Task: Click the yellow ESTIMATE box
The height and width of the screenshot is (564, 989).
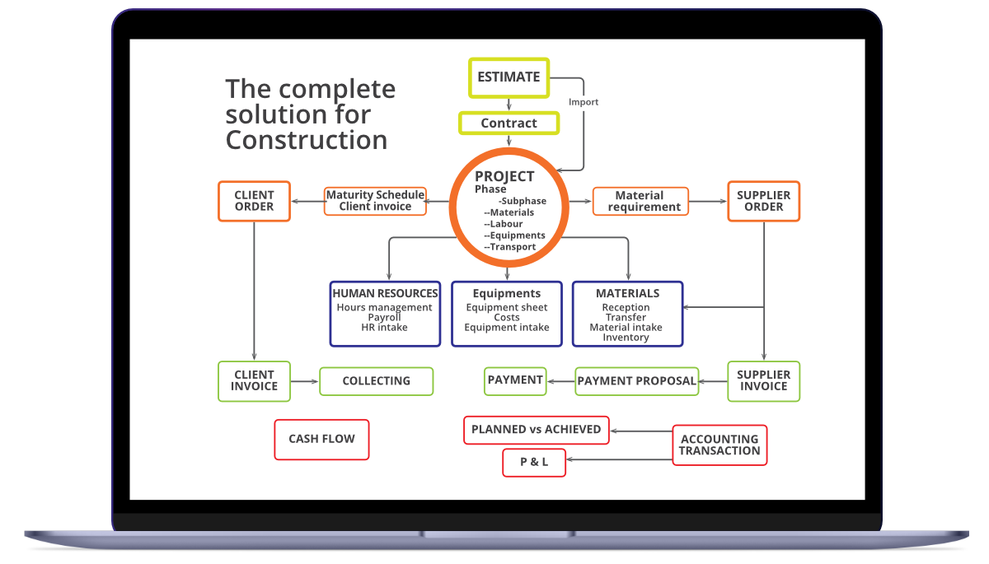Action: (x=509, y=77)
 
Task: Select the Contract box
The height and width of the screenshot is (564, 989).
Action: (x=509, y=124)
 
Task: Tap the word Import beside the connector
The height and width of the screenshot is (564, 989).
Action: (x=584, y=102)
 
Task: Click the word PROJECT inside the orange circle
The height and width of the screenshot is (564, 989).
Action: (x=504, y=176)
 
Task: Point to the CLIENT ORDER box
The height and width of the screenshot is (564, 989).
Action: (x=254, y=201)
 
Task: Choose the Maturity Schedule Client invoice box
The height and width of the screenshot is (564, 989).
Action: (x=375, y=201)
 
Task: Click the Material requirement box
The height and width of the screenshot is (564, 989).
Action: (x=640, y=201)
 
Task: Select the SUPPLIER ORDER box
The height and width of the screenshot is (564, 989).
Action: (x=763, y=201)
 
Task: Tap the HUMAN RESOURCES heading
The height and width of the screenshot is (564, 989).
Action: (x=385, y=293)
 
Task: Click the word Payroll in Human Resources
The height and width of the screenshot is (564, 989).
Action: (x=384, y=318)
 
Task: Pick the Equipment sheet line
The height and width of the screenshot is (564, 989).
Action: (x=506, y=308)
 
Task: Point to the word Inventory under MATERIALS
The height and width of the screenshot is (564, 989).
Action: (x=626, y=338)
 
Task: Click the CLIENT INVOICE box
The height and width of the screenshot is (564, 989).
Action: (x=254, y=381)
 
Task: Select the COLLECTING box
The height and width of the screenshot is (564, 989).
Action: (x=376, y=381)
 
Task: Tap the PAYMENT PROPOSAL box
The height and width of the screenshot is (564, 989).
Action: (x=636, y=381)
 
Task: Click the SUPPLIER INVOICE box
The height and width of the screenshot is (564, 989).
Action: (x=763, y=381)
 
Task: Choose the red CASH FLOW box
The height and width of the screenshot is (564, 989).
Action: (x=321, y=440)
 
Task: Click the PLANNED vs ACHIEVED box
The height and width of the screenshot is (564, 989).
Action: (x=536, y=430)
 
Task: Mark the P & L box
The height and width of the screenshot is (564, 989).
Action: (x=534, y=463)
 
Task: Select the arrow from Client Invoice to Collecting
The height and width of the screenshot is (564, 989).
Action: (x=305, y=381)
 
